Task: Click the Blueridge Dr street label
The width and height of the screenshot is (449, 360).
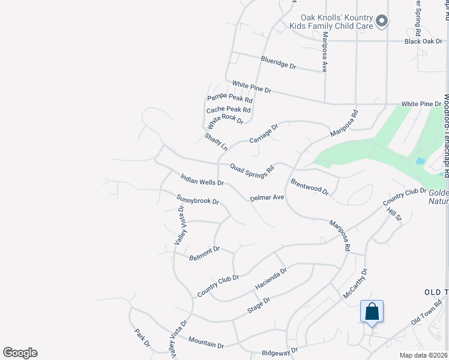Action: click(279, 62)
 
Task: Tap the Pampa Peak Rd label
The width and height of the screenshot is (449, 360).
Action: click(230, 98)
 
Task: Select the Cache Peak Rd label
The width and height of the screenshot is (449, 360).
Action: click(228, 110)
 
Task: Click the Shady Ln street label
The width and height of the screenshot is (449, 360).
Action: click(217, 142)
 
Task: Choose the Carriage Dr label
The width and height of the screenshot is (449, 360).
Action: click(264, 134)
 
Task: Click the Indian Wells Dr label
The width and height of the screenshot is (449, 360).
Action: click(202, 179)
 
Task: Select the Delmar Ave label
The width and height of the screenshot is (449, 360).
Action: click(267, 197)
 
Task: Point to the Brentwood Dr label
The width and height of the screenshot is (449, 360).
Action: click(310, 187)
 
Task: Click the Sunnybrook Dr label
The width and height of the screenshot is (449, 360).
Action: click(197, 200)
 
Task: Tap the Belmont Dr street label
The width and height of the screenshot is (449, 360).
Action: click(205, 253)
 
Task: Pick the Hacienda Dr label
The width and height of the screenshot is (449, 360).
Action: click(271, 278)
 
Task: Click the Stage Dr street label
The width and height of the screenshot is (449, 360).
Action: click(259, 306)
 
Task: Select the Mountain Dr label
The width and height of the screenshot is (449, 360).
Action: click(206, 342)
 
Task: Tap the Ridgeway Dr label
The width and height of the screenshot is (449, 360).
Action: click(280, 350)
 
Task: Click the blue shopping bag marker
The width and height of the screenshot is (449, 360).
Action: click(372, 312)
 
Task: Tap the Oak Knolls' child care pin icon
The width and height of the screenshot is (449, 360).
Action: click(382, 22)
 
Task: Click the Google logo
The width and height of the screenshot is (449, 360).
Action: click(20, 353)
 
